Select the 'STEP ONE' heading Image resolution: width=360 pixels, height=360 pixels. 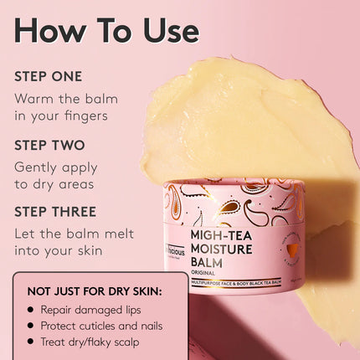coord(49,76)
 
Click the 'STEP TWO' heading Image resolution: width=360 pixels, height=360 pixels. coord(49,144)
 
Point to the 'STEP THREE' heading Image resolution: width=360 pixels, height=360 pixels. coord(55,212)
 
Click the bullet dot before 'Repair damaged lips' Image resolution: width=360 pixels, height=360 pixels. coord(31,310)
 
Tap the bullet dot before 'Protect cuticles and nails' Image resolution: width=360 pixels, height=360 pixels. coord(31,326)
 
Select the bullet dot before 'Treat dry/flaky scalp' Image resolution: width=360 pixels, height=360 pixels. coord(31,342)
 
